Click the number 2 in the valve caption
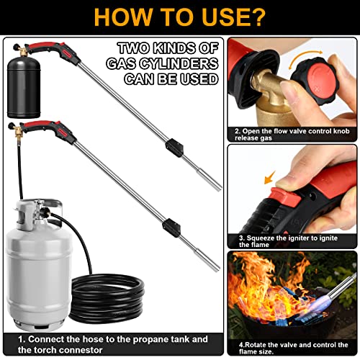click(x=237, y=132)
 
